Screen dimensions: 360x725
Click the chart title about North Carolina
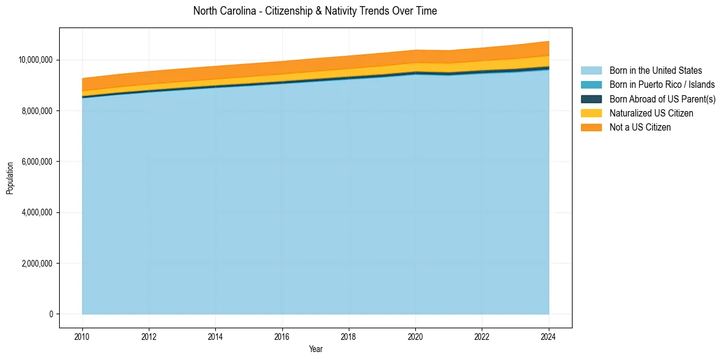pyautogui.click(x=315, y=11)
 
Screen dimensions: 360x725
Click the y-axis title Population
pyautogui.click(x=10, y=178)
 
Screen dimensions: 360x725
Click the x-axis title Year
pyautogui.click(x=315, y=350)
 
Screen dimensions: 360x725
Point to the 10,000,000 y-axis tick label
pyautogui.click(x=35, y=60)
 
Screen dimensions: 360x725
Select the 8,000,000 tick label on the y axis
pyautogui.click(x=37, y=111)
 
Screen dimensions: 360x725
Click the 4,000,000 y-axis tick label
pyautogui.click(x=37, y=212)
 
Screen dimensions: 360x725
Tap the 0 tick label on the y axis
pyautogui.click(x=51, y=314)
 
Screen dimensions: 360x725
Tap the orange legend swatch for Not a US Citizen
pyautogui.click(x=591, y=128)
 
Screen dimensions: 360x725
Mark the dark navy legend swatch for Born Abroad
pyautogui.click(x=591, y=99)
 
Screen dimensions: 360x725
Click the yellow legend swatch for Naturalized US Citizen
pyautogui.click(x=591, y=113)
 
